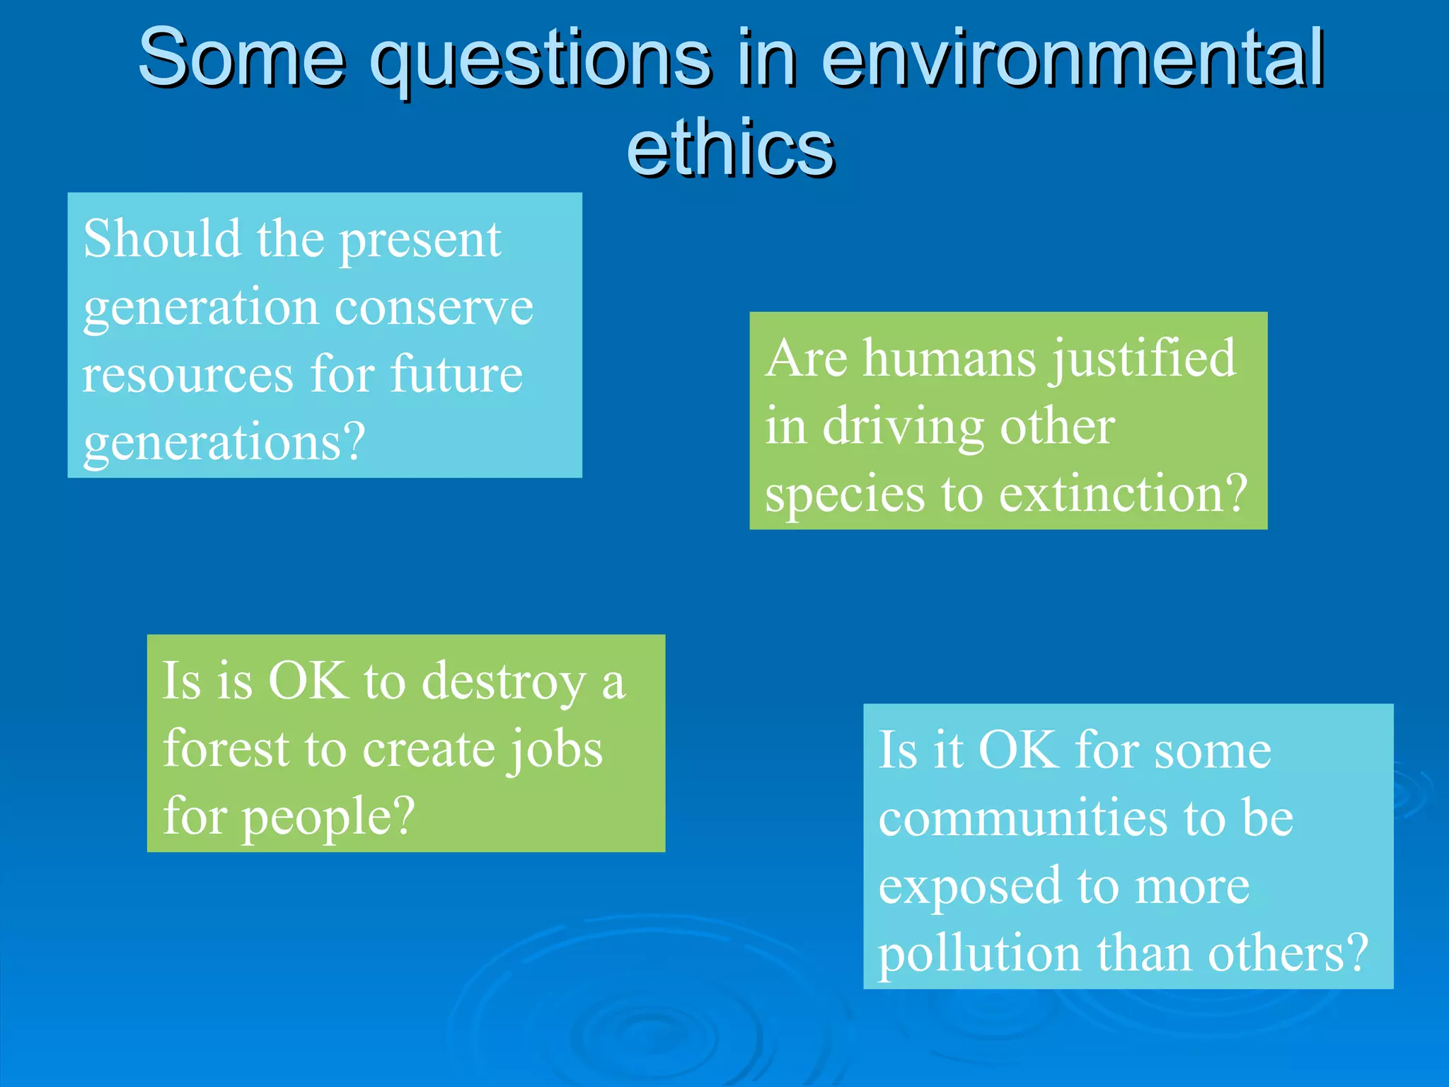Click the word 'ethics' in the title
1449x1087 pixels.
(730, 147)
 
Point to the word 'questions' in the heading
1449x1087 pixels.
(541, 62)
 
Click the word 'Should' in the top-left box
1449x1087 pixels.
(161, 239)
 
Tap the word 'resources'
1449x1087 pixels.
(187, 375)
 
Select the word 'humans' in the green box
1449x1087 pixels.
(949, 358)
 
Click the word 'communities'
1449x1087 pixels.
(1022, 818)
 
